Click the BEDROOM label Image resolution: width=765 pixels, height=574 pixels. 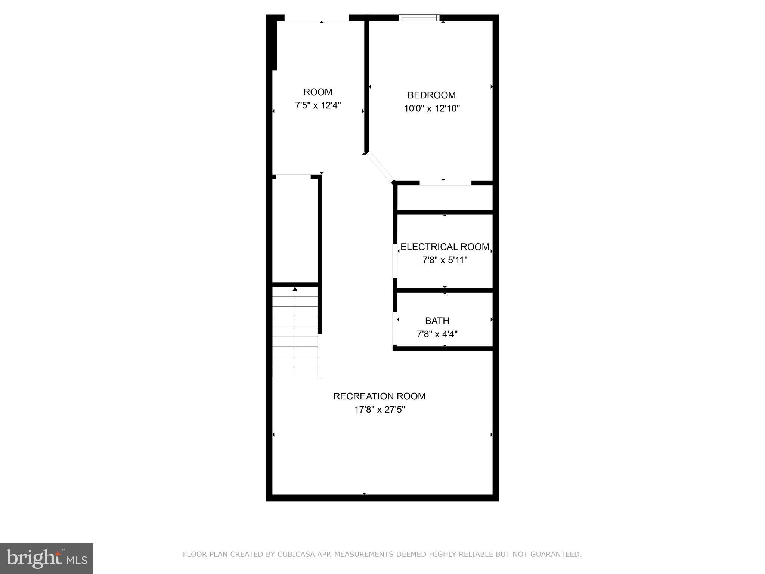(x=431, y=95)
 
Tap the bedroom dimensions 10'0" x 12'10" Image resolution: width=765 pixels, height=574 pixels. (x=432, y=108)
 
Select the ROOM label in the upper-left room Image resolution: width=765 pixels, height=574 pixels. (x=318, y=92)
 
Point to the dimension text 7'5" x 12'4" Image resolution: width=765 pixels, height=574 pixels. (x=318, y=105)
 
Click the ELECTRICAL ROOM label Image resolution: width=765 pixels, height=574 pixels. (x=445, y=247)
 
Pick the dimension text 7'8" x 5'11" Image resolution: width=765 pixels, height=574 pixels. (x=445, y=260)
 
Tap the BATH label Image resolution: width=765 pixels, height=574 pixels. (x=437, y=321)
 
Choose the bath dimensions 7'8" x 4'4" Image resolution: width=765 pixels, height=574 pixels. (x=437, y=334)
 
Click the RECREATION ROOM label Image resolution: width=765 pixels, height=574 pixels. (x=379, y=396)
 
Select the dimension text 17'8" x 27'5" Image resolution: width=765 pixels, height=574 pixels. (x=380, y=410)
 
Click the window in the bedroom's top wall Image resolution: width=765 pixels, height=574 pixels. (x=419, y=18)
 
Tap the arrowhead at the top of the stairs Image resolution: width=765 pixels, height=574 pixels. (x=295, y=289)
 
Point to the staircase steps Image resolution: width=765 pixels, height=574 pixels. (x=295, y=333)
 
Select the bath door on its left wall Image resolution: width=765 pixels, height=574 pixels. (x=395, y=328)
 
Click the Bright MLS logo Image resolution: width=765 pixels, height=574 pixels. (x=47, y=559)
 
